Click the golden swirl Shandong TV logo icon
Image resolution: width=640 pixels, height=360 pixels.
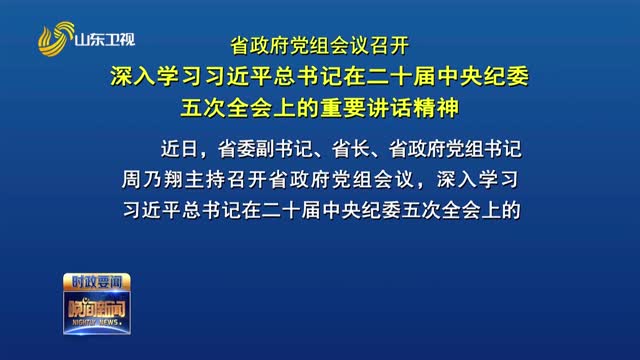[56, 38]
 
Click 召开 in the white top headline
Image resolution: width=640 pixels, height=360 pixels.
[395, 45]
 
